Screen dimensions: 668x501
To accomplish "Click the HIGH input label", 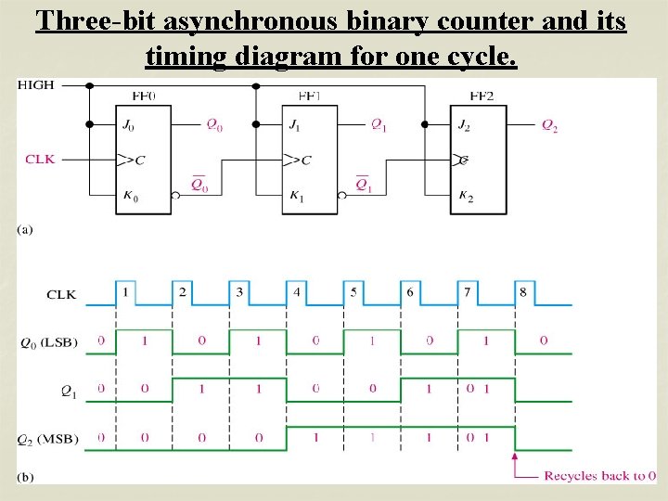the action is [x=37, y=84].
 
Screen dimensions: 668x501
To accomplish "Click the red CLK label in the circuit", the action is [x=40, y=159].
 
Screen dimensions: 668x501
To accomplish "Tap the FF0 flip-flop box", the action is [x=145, y=159].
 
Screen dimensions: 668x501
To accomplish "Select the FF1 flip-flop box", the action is [x=311, y=159].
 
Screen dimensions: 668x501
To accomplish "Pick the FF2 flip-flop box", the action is [x=478, y=159].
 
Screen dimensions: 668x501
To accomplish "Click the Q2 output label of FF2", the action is [x=549, y=125].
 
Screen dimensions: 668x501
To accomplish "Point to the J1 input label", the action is [x=294, y=124].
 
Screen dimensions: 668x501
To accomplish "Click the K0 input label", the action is [x=128, y=195].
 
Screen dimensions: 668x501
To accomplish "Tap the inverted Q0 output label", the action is [x=199, y=184].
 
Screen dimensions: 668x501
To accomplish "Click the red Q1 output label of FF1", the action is [x=379, y=124].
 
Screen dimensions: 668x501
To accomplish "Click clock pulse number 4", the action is [x=297, y=292].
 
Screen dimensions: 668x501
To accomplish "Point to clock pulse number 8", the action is [x=523, y=292].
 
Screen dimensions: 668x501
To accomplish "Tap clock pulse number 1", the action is [x=125, y=292].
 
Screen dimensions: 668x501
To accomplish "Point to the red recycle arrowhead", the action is [x=516, y=457].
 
